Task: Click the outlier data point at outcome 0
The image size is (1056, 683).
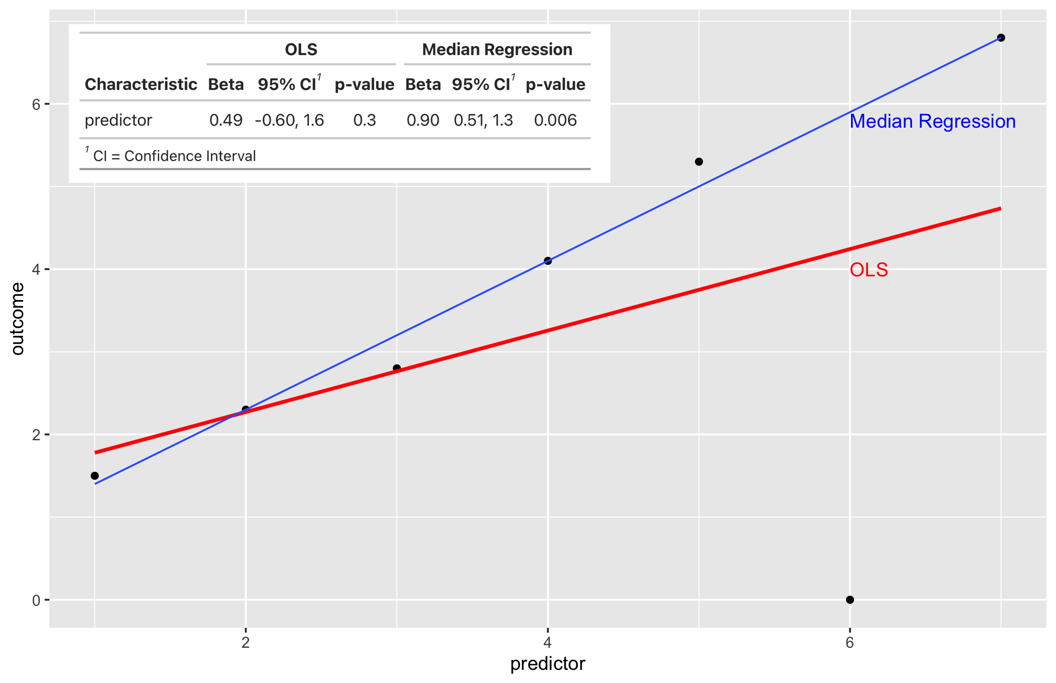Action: click(850, 599)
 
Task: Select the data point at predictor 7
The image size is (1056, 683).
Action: click(1001, 38)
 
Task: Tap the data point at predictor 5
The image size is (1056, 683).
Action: click(699, 162)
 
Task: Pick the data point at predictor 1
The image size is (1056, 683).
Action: click(95, 475)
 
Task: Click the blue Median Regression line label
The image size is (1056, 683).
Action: click(933, 121)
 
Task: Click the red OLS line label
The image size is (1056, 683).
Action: click(868, 270)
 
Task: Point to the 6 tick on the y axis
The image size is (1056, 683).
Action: click(36, 104)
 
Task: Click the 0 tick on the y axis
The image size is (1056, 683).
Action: click(36, 600)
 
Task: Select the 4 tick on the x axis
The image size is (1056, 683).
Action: click(547, 643)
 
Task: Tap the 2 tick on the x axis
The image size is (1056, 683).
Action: click(245, 643)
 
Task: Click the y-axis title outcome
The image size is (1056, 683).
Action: click(17, 319)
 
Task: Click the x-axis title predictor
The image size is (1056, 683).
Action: click(547, 664)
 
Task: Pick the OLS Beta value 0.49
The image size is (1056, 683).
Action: click(226, 120)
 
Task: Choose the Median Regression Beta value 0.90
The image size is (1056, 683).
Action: click(423, 120)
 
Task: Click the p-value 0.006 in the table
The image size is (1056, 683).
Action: click(555, 120)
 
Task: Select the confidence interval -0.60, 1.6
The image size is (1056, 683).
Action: click(289, 120)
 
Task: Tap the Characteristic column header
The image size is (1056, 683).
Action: click(141, 85)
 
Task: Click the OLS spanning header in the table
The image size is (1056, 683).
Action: click(301, 49)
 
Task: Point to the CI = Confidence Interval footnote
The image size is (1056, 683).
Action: click(173, 156)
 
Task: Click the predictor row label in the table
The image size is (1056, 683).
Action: click(118, 120)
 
